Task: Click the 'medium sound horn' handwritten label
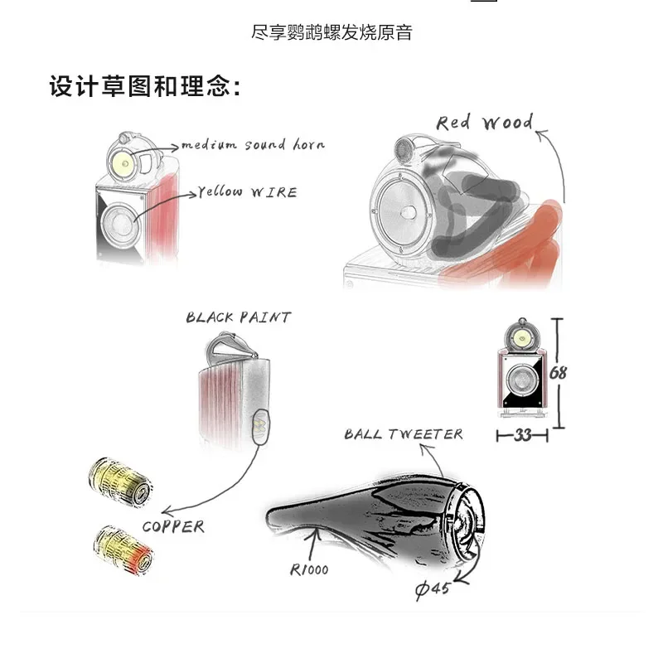click(253, 145)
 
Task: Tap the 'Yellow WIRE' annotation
click(248, 192)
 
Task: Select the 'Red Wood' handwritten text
click(485, 123)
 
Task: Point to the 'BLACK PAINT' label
click(239, 317)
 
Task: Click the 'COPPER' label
click(173, 527)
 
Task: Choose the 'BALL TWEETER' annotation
click(404, 434)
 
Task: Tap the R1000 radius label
click(309, 570)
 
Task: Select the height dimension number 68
click(558, 373)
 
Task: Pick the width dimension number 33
click(523, 435)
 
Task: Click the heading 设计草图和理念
click(145, 86)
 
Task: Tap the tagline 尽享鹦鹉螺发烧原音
click(331, 32)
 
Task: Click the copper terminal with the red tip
click(123, 549)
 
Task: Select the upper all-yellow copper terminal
click(120, 481)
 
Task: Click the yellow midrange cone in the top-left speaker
click(125, 163)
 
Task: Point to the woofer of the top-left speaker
click(120, 222)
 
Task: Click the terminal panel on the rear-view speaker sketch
click(259, 426)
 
